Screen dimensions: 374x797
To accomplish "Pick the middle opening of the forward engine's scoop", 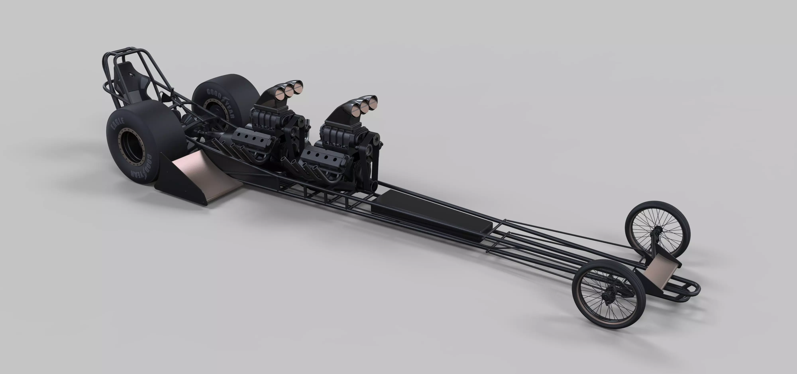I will click(365, 107).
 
